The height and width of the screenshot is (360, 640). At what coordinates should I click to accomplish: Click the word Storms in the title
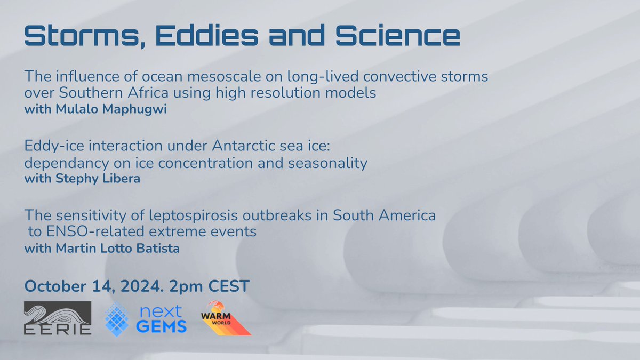pos(85,36)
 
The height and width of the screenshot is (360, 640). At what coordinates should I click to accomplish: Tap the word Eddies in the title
pos(207,35)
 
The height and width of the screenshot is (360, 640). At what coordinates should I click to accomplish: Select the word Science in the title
pos(397,35)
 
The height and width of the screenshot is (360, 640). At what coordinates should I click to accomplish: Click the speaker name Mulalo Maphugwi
pos(111,109)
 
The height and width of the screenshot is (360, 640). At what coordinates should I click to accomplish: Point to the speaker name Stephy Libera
pos(98,179)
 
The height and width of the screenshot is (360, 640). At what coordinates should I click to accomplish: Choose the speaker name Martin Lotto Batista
pos(117,249)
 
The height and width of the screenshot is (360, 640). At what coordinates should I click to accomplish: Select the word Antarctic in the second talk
pos(243,146)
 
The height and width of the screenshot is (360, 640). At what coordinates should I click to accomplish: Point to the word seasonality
pos(327,164)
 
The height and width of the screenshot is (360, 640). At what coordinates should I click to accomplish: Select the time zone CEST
pos(229,286)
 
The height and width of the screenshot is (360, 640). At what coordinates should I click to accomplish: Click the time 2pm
pos(186,287)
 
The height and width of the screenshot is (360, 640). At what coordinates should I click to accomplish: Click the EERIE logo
pos(58,318)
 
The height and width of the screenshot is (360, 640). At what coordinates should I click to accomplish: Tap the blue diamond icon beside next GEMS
pos(117,319)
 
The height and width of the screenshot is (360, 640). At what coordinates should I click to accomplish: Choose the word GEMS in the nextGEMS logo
pos(162,326)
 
